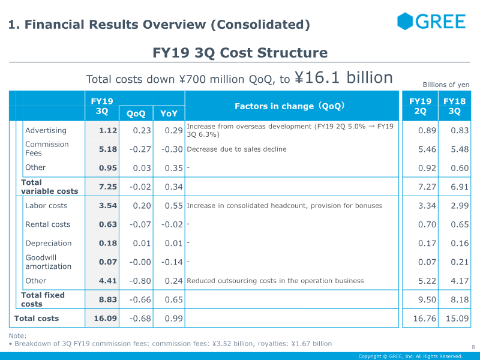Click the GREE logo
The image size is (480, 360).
[431, 22]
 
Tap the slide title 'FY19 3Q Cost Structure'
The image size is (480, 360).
[240, 53]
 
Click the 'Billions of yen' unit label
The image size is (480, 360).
[446, 85]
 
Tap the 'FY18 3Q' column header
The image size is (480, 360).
[454, 106]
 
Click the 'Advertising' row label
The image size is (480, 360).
[46, 130]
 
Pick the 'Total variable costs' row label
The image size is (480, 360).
[49, 187]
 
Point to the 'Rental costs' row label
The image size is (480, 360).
[47, 224]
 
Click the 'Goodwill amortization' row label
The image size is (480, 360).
[48, 262]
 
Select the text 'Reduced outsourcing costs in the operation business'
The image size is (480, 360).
[275, 281]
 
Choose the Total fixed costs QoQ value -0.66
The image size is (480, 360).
[139, 299]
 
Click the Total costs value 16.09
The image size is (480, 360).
[105, 318]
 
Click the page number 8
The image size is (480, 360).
[473, 347]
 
